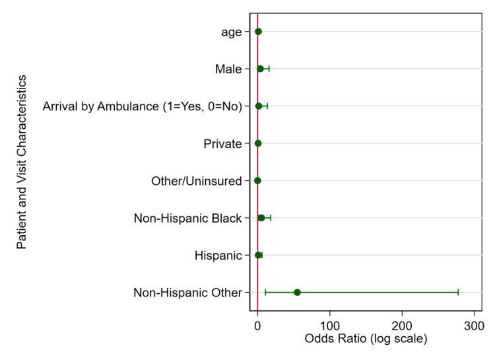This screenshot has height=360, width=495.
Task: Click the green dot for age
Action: [258, 32]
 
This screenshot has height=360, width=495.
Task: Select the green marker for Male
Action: [261, 69]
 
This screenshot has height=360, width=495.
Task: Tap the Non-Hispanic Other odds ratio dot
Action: [297, 293]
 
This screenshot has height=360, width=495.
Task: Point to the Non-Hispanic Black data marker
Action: [261, 218]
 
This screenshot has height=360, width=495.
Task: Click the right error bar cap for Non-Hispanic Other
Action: [458, 293]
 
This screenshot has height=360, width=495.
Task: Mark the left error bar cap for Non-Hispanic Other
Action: [265, 293]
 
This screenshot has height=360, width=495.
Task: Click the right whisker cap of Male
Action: [269, 69]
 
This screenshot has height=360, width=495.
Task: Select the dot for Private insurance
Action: [258, 143]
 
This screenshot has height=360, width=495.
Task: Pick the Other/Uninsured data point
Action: [257, 180]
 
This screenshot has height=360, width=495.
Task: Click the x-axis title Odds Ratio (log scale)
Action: [366, 339]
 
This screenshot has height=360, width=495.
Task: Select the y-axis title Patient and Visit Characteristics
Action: [21, 162]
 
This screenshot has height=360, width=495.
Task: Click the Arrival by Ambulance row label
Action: [142, 106]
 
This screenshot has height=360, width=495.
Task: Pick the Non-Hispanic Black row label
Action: [187, 218]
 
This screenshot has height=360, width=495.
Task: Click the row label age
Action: [230, 32]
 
